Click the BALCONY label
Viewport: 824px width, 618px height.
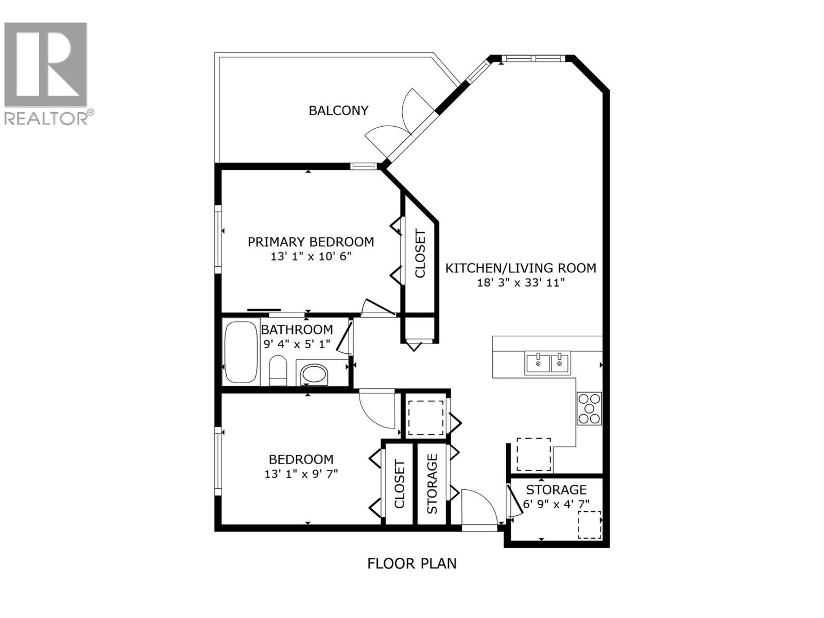click(338, 110)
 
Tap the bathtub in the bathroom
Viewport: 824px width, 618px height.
click(241, 353)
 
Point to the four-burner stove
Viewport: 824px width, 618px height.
click(589, 408)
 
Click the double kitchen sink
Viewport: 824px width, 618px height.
click(548, 363)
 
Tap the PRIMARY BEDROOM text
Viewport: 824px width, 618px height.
click(311, 242)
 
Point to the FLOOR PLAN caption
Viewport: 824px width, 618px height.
click(411, 563)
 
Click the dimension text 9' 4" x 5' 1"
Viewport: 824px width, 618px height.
click(297, 344)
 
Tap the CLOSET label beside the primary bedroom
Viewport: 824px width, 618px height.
click(420, 254)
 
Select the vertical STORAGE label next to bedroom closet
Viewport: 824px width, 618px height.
click(432, 484)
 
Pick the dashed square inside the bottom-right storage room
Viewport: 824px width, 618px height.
click(589, 525)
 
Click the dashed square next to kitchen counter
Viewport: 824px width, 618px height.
click(534, 454)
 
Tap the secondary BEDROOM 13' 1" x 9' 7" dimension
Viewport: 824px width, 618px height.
click(301, 473)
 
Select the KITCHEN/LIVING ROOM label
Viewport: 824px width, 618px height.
click(521, 268)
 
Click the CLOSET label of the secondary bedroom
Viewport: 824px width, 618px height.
click(399, 484)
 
